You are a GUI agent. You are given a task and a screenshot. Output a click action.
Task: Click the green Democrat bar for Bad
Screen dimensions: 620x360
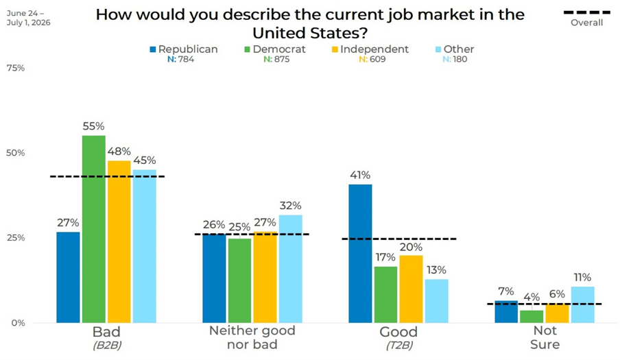pos(94,229)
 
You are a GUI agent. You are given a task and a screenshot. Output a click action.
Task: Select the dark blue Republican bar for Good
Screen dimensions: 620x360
pos(360,253)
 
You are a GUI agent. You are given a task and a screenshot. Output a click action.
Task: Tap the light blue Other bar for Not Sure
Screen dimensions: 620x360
pos(582,304)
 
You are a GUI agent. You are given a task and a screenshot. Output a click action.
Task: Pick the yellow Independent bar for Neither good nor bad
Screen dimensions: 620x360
pos(265,277)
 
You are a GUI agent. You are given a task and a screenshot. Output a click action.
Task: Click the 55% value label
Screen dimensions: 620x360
pos(94,126)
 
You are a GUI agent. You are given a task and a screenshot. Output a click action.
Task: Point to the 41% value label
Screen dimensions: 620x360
pos(360,175)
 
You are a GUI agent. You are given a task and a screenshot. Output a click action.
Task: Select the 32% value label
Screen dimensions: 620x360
pos(291,206)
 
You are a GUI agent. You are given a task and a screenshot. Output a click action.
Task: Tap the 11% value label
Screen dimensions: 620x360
pos(582,278)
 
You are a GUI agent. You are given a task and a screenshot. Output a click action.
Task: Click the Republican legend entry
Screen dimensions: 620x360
pos(184,49)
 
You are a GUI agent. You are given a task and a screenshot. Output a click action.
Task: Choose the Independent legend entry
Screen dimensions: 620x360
pos(370,49)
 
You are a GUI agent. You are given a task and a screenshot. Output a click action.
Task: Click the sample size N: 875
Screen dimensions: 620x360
pos(277,59)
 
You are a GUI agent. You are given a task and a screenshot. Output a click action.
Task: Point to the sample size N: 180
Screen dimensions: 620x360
pos(455,59)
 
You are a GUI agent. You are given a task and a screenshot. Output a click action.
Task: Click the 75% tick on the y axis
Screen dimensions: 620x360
pos(16,68)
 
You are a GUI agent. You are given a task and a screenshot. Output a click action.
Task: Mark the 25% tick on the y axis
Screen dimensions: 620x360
pos(16,238)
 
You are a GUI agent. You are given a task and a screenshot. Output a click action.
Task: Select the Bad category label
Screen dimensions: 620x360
pos(106,332)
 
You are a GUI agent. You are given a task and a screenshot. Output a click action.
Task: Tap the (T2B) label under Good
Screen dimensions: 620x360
pos(399,346)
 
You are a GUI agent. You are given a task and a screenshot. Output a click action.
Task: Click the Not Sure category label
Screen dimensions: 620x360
pos(545,337)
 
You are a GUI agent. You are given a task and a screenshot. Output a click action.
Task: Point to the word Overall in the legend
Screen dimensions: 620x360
pos(587,23)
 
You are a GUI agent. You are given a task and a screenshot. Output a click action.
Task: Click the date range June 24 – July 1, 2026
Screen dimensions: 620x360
pos(29,19)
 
